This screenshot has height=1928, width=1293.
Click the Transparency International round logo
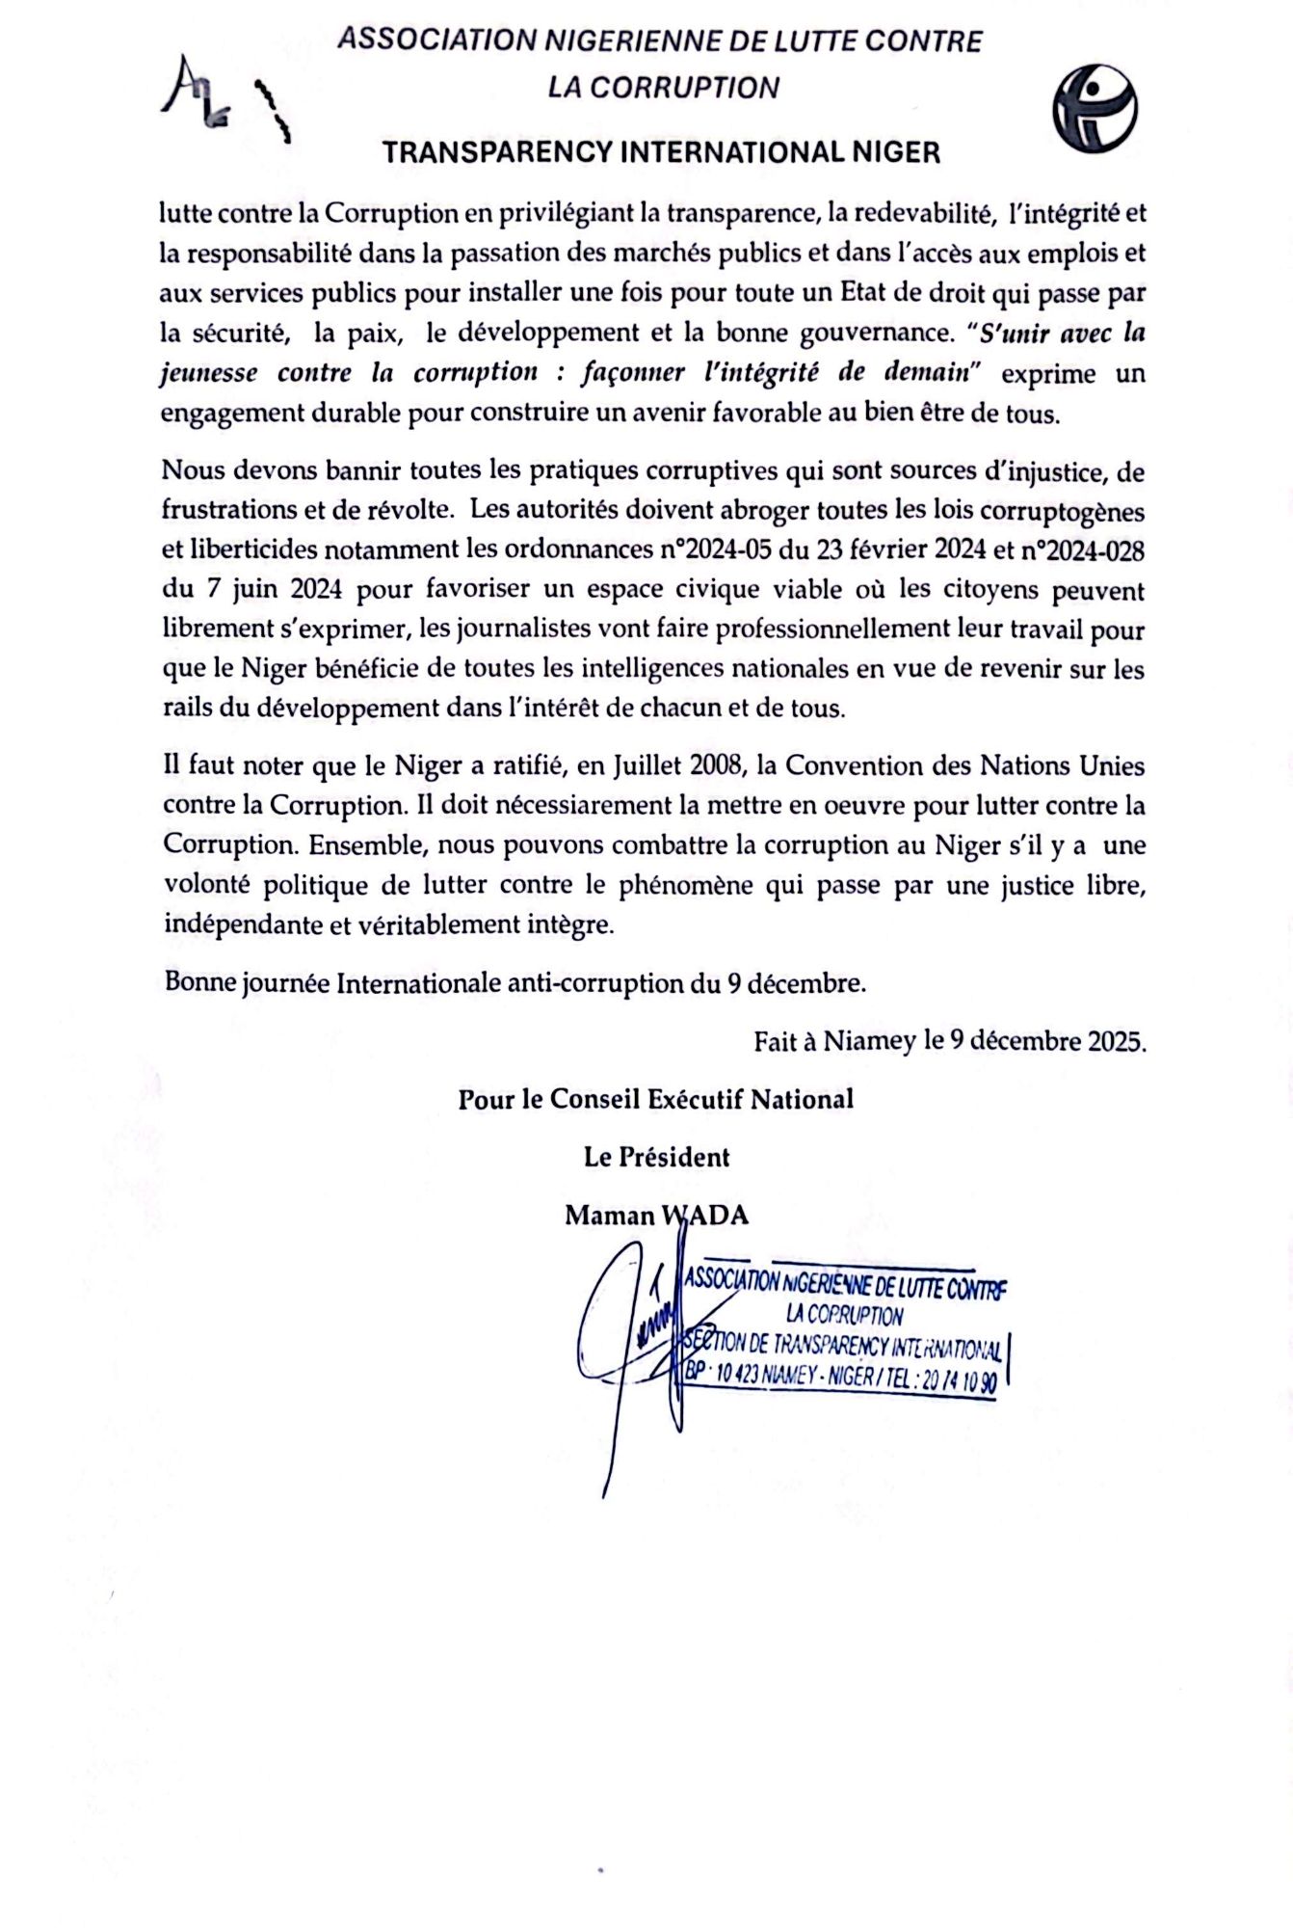coord(1095,108)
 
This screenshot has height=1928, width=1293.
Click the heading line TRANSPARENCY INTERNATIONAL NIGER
coord(661,152)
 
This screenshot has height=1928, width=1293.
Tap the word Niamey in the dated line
coord(868,1042)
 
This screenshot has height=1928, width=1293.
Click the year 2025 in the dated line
coord(1116,1042)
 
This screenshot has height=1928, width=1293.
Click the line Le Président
coord(656,1157)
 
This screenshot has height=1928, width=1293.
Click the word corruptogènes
coord(1059,511)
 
